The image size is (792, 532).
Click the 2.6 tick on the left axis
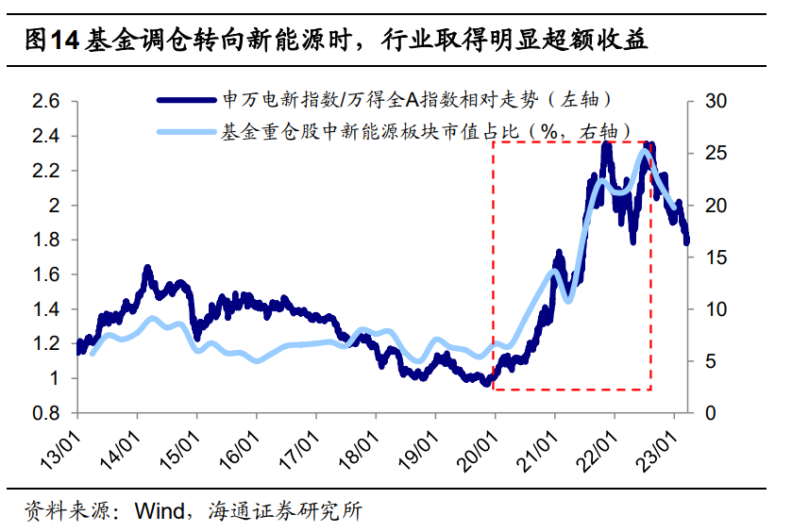(x=46, y=101)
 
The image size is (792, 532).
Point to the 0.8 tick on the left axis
(x=46, y=413)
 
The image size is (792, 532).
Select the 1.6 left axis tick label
(x=46, y=274)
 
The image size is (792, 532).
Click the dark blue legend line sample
(x=189, y=98)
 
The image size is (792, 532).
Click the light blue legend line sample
(x=189, y=131)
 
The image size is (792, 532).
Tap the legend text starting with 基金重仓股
(x=425, y=131)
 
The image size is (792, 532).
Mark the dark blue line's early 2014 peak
(x=147, y=270)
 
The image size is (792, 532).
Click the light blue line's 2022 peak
(x=645, y=152)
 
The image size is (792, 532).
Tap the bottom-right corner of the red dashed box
(x=650, y=389)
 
